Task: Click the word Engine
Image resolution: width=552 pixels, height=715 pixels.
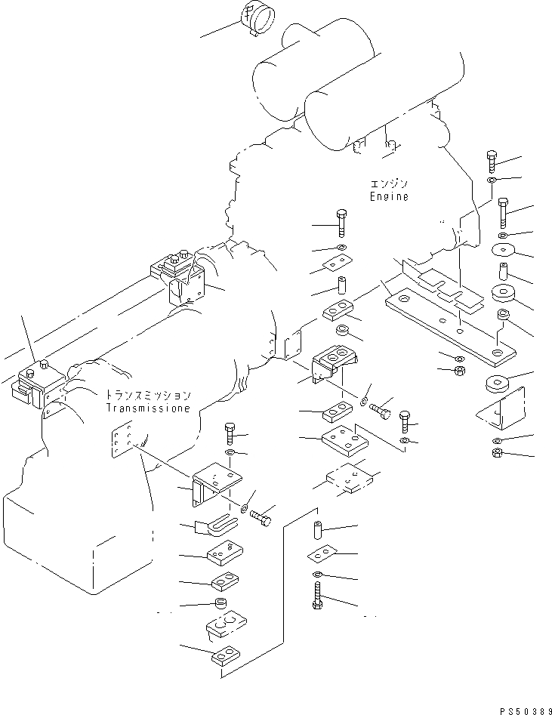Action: point(389,196)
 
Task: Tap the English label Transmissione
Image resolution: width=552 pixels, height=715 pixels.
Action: point(148,408)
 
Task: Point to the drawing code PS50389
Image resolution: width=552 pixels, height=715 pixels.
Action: point(526,710)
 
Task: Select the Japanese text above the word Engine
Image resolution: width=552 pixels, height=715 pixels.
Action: point(389,184)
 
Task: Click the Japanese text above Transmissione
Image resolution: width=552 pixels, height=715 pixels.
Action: point(148,395)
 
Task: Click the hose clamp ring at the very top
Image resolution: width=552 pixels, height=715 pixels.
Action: point(258,18)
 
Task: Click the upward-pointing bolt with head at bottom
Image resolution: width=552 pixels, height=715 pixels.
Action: point(317,595)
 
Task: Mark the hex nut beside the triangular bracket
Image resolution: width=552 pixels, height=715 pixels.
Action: point(498,453)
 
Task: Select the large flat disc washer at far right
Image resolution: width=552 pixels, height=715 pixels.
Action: point(503,250)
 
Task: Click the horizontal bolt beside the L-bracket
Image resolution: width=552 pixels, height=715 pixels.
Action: point(261,518)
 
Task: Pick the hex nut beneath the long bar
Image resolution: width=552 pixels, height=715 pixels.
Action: point(460,370)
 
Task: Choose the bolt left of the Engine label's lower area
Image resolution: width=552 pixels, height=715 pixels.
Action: point(341,223)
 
